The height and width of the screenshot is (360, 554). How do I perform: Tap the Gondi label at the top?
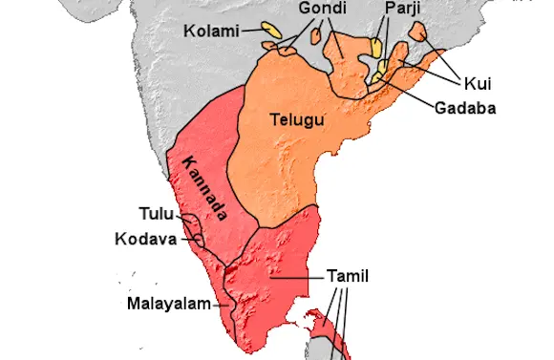297,10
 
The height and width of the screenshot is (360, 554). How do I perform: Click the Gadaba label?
465,108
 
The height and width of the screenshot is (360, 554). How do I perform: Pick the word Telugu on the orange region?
297,120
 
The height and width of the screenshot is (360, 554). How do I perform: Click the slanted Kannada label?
203,188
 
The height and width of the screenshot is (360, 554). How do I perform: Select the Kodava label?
145,239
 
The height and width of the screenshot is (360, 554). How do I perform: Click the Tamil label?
347,276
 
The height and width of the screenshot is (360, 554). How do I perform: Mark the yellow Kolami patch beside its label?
271,32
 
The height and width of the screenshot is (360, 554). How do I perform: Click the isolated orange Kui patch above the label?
418,31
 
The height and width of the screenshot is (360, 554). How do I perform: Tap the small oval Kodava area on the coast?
199,240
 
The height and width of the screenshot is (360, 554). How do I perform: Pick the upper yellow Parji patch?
377,46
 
